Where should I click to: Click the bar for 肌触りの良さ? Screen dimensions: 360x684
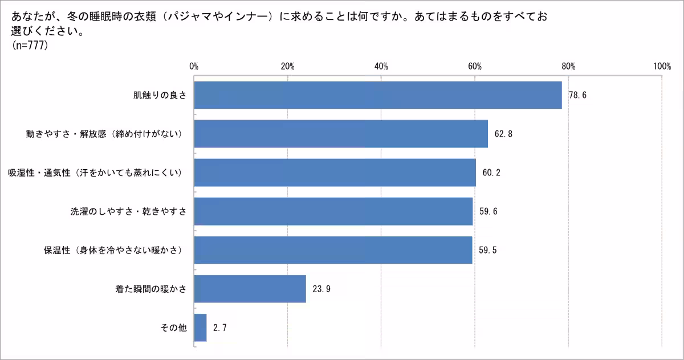pos(377,95)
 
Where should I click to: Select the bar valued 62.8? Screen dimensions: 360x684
pos(341,134)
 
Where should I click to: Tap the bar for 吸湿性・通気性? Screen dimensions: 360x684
pos(335,173)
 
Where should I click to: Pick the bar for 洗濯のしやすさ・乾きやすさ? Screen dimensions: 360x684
pos(333,211)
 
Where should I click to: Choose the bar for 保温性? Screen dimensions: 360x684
pos(333,250)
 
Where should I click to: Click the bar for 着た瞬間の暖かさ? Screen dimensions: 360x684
pos(250,289)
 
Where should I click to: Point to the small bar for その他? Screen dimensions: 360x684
pos(200,328)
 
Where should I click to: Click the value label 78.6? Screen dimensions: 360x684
pos(577,95)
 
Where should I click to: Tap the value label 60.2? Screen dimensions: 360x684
pos(491,173)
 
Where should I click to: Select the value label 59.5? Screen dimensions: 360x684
pos(487,250)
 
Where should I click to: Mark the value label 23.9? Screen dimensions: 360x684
pos(321,289)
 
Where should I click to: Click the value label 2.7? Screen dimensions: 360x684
pos(220,328)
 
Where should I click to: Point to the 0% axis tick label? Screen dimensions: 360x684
pos(194,66)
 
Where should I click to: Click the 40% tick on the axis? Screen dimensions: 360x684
pos(381,66)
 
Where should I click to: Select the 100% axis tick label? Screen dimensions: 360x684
pos(662,66)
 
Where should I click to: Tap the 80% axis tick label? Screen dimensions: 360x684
pos(568,66)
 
